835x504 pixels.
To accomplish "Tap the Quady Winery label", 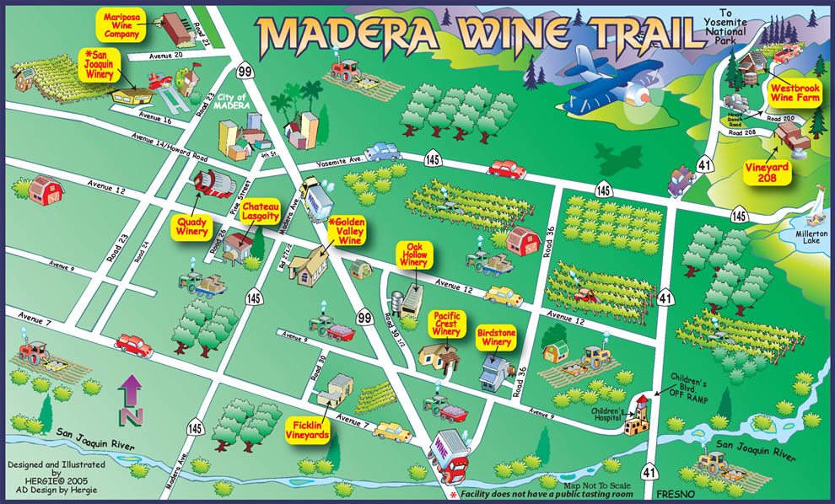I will (192, 227).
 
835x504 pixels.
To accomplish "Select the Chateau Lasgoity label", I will (261, 212).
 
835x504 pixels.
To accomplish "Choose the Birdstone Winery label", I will (496, 337).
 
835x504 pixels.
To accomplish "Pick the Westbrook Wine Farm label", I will (794, 91).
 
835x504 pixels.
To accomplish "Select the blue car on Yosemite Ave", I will (382, 151).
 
